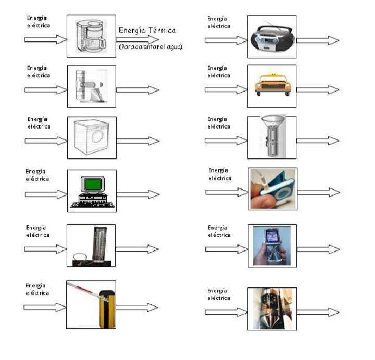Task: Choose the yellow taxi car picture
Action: [271, 86]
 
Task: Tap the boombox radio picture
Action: [271, 35]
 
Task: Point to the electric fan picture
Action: [91, 86]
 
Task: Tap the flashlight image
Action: [271, 137]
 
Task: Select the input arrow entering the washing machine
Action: [46, 141]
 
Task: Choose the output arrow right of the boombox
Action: [318, 40]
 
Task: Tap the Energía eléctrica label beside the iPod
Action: [219, 174]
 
